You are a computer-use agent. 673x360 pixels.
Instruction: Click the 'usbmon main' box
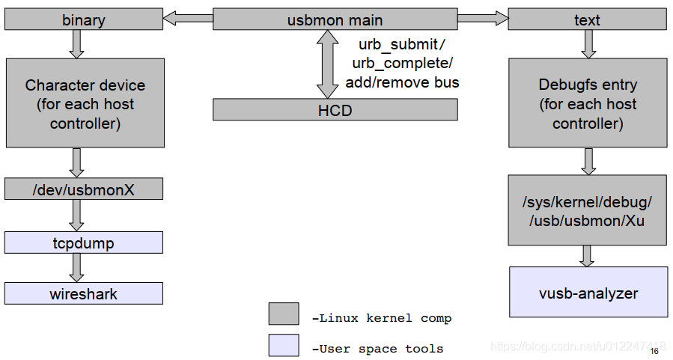(x=335, y=19)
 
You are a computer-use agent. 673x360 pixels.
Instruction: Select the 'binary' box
(x=84, y=19)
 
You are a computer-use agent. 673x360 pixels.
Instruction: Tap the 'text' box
(x=587, y=19)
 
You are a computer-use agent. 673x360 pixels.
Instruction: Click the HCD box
(x=335, y=110)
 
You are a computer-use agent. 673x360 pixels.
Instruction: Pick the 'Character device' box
(x=85, y=103)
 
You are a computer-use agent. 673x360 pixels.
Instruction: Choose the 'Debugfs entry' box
(x=588, y=103)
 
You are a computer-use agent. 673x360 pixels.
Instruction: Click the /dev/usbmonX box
(x=84, y=189)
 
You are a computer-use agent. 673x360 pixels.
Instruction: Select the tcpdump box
(x=84, y=242)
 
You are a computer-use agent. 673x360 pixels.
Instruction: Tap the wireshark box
(x=84, y=293)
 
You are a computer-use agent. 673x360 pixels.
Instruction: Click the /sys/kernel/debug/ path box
(x=588, y=210)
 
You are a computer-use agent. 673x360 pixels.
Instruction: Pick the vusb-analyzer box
(x=588, y=292)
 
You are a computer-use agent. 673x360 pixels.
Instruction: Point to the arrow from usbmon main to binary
(x=187, y=18)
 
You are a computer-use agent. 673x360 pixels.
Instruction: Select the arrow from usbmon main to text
(x=483, y=18)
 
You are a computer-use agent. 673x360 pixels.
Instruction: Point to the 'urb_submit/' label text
(x=401, y=44)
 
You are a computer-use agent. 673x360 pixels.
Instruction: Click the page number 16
(x=654, y=351)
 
